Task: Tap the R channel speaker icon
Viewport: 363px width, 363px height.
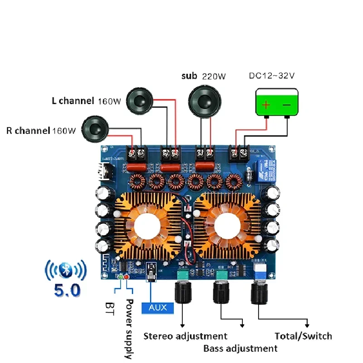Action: [96, 129]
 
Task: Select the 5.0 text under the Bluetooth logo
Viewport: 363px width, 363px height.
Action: [66, 290]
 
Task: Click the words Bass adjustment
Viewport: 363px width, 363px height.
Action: [240, 348]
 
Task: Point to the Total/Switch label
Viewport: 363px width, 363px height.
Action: [304, 336]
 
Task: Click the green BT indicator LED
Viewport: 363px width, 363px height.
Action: [121, 277]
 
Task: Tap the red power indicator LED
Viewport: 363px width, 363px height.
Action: [127, 277]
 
